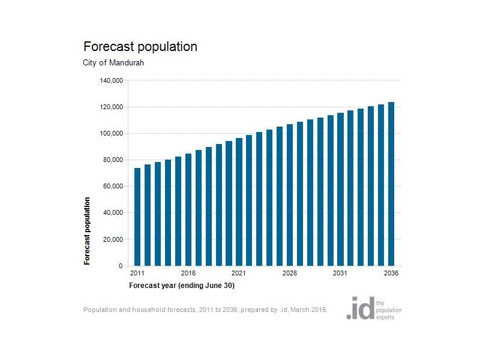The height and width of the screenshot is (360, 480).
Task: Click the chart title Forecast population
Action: [140, 47]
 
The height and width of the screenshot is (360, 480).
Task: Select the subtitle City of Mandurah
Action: [113, 63]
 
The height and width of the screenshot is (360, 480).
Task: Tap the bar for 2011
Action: [137, 217]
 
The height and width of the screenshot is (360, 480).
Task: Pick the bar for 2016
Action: [188, 209]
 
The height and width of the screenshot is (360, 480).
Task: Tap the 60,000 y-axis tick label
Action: [112, 186]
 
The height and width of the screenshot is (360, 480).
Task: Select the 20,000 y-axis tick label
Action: [112, 239]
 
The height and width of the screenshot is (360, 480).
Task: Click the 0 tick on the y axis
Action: [121, 266]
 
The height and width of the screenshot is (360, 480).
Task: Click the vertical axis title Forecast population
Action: [88, 231]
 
